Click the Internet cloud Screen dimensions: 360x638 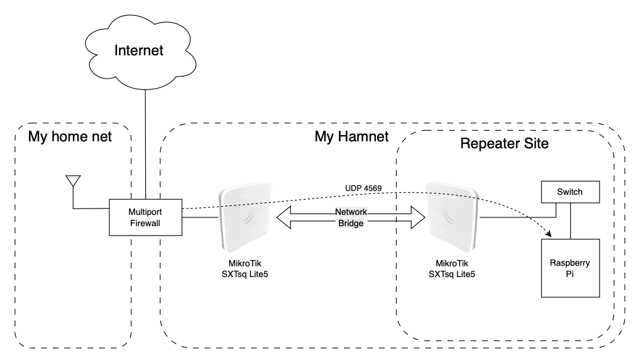139,50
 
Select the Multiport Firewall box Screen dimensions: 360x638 146,217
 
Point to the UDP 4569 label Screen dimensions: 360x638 364,188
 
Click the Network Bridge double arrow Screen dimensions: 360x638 295,218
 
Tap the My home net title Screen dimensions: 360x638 70,136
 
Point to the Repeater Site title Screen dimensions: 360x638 504,143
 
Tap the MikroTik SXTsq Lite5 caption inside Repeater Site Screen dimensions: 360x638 451,268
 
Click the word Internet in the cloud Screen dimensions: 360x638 139,50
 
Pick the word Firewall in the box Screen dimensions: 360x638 146,222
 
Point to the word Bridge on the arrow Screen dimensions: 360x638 351,223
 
